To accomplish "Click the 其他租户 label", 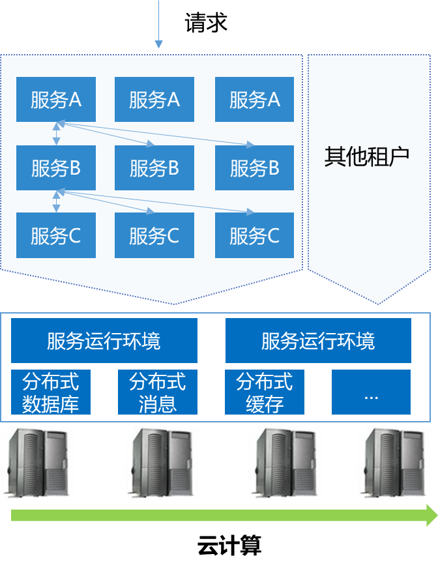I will coord(367,157).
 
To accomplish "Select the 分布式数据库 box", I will coord(51,392).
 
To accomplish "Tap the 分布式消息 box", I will coord(158,392).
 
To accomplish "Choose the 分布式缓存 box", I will coord(265,392).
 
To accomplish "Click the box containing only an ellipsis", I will coord(371,392).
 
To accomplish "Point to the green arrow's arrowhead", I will coord(431,516).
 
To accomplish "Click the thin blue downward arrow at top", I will coord(158,43).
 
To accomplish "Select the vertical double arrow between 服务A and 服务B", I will coord(57,133).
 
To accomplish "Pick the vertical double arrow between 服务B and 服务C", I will coord(57,201).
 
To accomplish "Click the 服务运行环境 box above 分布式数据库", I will coord(104,341).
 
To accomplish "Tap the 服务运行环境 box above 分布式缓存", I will coord(318,341).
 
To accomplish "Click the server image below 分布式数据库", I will coord(37,463).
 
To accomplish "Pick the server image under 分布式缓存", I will coord(285,463).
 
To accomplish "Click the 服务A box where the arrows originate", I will coord(56,100).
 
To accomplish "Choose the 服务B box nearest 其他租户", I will coord(254,168).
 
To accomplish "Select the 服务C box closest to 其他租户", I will coord(254,235).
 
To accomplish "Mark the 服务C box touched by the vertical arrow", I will coord(56,235).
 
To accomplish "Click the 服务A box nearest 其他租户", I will coord(254,100).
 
